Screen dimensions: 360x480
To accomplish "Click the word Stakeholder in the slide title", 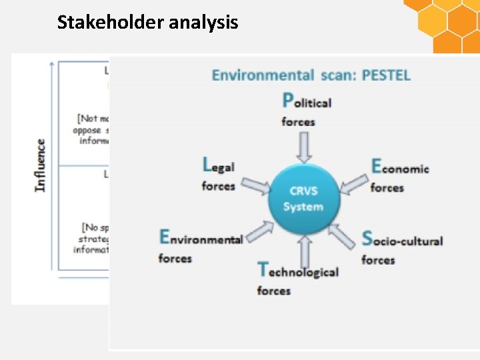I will tap(111, 23).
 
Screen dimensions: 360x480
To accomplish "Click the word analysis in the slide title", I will tap(203, 23).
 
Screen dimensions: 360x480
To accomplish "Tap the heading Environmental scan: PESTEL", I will tap(311, 75).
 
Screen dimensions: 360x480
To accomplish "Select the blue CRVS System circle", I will tap(303, 199).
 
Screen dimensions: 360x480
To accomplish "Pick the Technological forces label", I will tap(297, 279).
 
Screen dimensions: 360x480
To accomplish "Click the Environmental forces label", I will tap(200, 245).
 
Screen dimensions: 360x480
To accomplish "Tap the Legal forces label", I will tap(219, 173).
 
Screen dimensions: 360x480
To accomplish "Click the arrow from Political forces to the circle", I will tap(304, 147).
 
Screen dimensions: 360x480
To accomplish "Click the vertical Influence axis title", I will tap(41, 165).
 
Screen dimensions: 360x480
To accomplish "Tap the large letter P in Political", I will tap(288, 100).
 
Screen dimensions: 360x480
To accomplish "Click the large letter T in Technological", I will tap(263, 269).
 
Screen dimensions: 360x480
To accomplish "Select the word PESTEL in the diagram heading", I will tap(386, 75).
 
